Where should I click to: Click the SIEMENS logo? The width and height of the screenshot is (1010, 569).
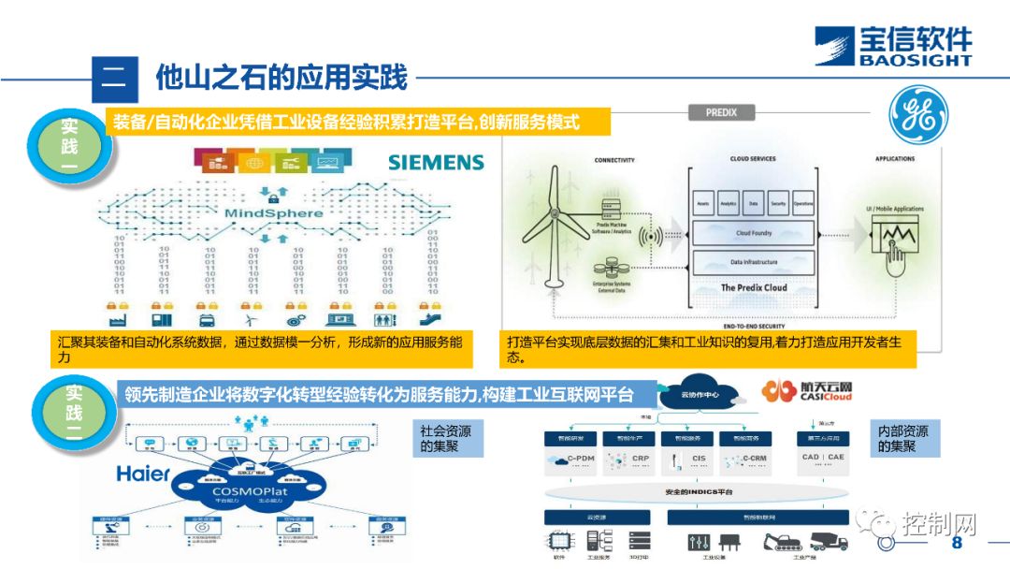point(436,162)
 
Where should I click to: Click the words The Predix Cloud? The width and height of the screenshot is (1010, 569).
point(754,287)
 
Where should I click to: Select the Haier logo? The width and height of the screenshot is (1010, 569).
point(143,473)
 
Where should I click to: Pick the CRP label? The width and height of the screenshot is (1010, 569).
point(641,459)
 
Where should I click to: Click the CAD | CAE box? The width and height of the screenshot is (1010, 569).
point(823,458)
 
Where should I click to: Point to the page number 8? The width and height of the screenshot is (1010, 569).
point(956,544)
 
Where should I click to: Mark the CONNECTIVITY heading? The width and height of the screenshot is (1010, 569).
point(615,159)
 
